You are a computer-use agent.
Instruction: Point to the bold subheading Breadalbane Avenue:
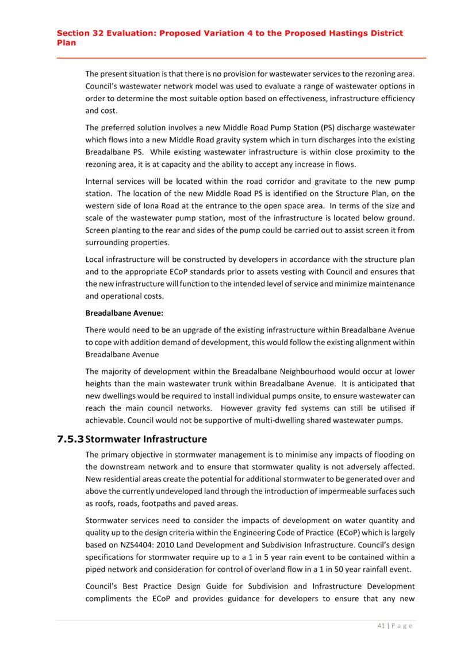click(x=124, y=313)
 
